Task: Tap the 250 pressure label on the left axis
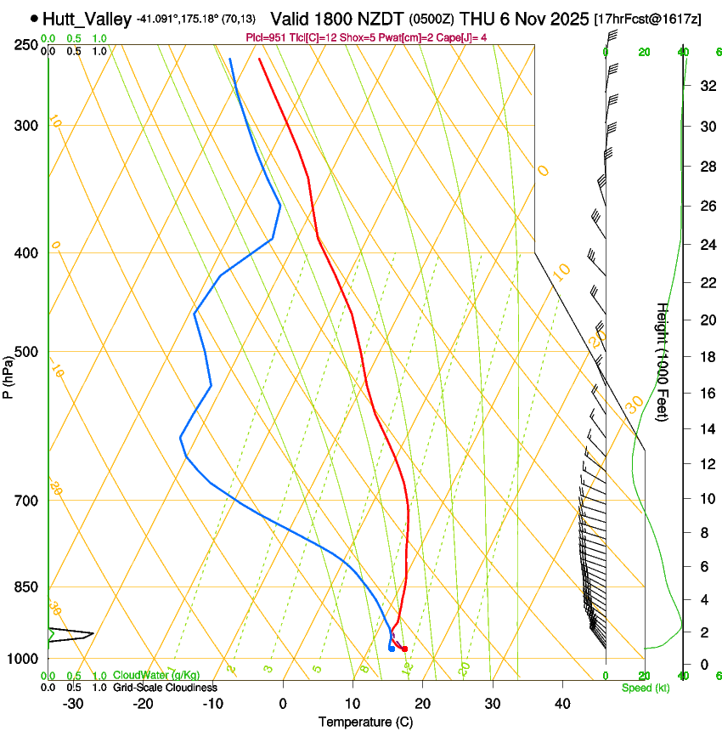pyautogui.click(x=26, y=44)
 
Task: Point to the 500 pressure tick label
pyautogui.click(x=26, y=352)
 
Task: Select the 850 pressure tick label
pyautogui.click(x=26, y=586)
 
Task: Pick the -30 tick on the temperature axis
pyautogui.click(x=73, y=704)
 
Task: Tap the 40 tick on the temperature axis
pyautogui.click(x=561, y=704)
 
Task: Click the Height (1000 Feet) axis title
pyautogui.click(x=663, y=362)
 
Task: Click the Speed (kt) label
pyautogui.click(x=645, y=687)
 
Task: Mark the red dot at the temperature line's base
pyautogui.click(x=404, y=649)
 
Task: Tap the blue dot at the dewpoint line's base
pyautogui.click(x=391, y=649)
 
